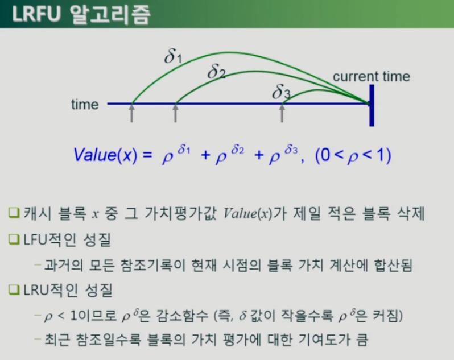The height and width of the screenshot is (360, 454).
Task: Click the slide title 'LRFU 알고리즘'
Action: [x=81, y=14]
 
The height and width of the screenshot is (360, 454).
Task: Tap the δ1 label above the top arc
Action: [x=173, y=56]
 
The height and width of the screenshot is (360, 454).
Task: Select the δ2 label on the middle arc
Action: [x=216, y=71]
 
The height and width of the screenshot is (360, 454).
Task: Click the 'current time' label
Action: [x=372, y=76]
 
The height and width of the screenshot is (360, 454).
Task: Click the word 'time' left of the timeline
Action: [x=85, y=104]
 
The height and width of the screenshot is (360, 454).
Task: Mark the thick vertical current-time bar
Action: [x=372, y=105]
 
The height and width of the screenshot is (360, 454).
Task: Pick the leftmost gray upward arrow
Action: [x=132, y=113]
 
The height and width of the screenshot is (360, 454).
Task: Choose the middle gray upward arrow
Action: [x=175, y=113]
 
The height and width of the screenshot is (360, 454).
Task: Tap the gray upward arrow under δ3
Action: [x=282, y=113]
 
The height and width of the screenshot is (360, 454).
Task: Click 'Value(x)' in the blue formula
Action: [x=105, y=155]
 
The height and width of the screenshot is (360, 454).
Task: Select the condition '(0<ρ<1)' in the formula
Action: [x=353, y=155]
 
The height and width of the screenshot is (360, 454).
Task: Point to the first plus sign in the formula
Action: [x=205, y=155]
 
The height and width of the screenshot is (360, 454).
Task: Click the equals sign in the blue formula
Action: [x=147, y=155]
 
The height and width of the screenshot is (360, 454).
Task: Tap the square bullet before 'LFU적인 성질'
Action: [x=14, y=239]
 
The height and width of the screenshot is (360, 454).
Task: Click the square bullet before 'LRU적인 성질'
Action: [x=14, y=289]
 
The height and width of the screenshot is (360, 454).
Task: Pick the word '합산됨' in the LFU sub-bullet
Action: [x=393, y=265]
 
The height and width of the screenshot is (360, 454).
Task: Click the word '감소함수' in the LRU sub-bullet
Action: [x=182, y=316]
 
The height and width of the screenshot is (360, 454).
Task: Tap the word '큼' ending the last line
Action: [x=362, y=339]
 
